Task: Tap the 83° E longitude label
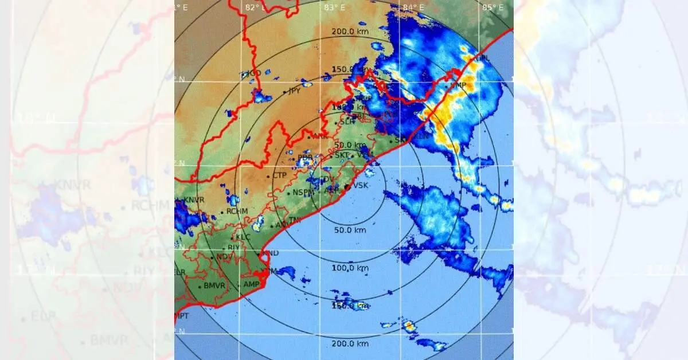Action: click(334, 7)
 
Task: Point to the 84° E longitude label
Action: click(413, 7)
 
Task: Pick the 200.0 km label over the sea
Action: click(350, 344)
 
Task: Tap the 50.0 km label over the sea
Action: click(350, 230)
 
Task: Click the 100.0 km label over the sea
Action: click(350, 268)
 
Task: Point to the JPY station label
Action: click(295, 91)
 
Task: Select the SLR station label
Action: click(347, 122)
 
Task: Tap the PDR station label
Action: click(306, 156)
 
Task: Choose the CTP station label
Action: click(279, 175)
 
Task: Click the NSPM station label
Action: click(304, 193)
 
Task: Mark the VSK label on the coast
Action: click(361, 185)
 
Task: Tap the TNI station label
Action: click(295, 220)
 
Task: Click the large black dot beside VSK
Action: click(347, 187)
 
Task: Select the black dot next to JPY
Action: click(284, 92)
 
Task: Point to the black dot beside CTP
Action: click(268, 177)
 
